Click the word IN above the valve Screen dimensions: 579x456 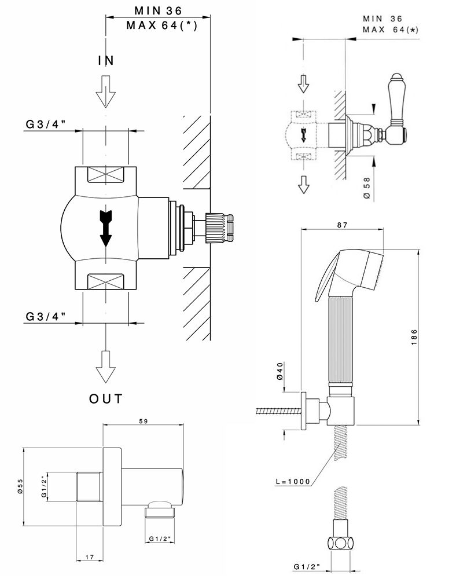(x=105, y=60)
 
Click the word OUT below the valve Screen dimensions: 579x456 (x=106, y=398)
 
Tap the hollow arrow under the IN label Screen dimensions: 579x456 (x=105, y=92)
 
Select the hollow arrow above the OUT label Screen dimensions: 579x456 (x=105, y=365)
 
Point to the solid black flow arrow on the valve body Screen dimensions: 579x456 (x=105, y=228)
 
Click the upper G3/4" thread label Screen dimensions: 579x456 (x=45, y=123)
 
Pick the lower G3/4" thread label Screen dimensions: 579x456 (x=45, y=316)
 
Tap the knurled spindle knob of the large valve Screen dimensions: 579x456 (x=220, y=228)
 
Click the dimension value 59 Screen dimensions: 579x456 (x=144, y=422)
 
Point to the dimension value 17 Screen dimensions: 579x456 (x=90, y=558)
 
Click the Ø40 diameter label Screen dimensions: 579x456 (x=280, y=371)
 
